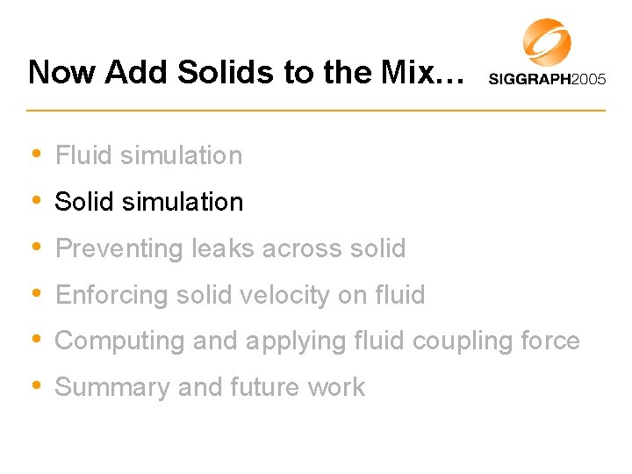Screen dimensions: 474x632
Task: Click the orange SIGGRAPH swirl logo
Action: [x=547, y=42]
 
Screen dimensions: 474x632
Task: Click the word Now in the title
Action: [x=61, y=72]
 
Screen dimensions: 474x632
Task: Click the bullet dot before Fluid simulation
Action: [x=35, y=154]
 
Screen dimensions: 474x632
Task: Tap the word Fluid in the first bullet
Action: [x=84, y=155]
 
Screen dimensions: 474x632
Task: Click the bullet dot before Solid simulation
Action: [x=35, y=201]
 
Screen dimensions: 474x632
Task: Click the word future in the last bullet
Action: [x=263, y=387]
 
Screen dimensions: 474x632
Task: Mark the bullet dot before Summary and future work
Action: [x=35, y=387]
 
